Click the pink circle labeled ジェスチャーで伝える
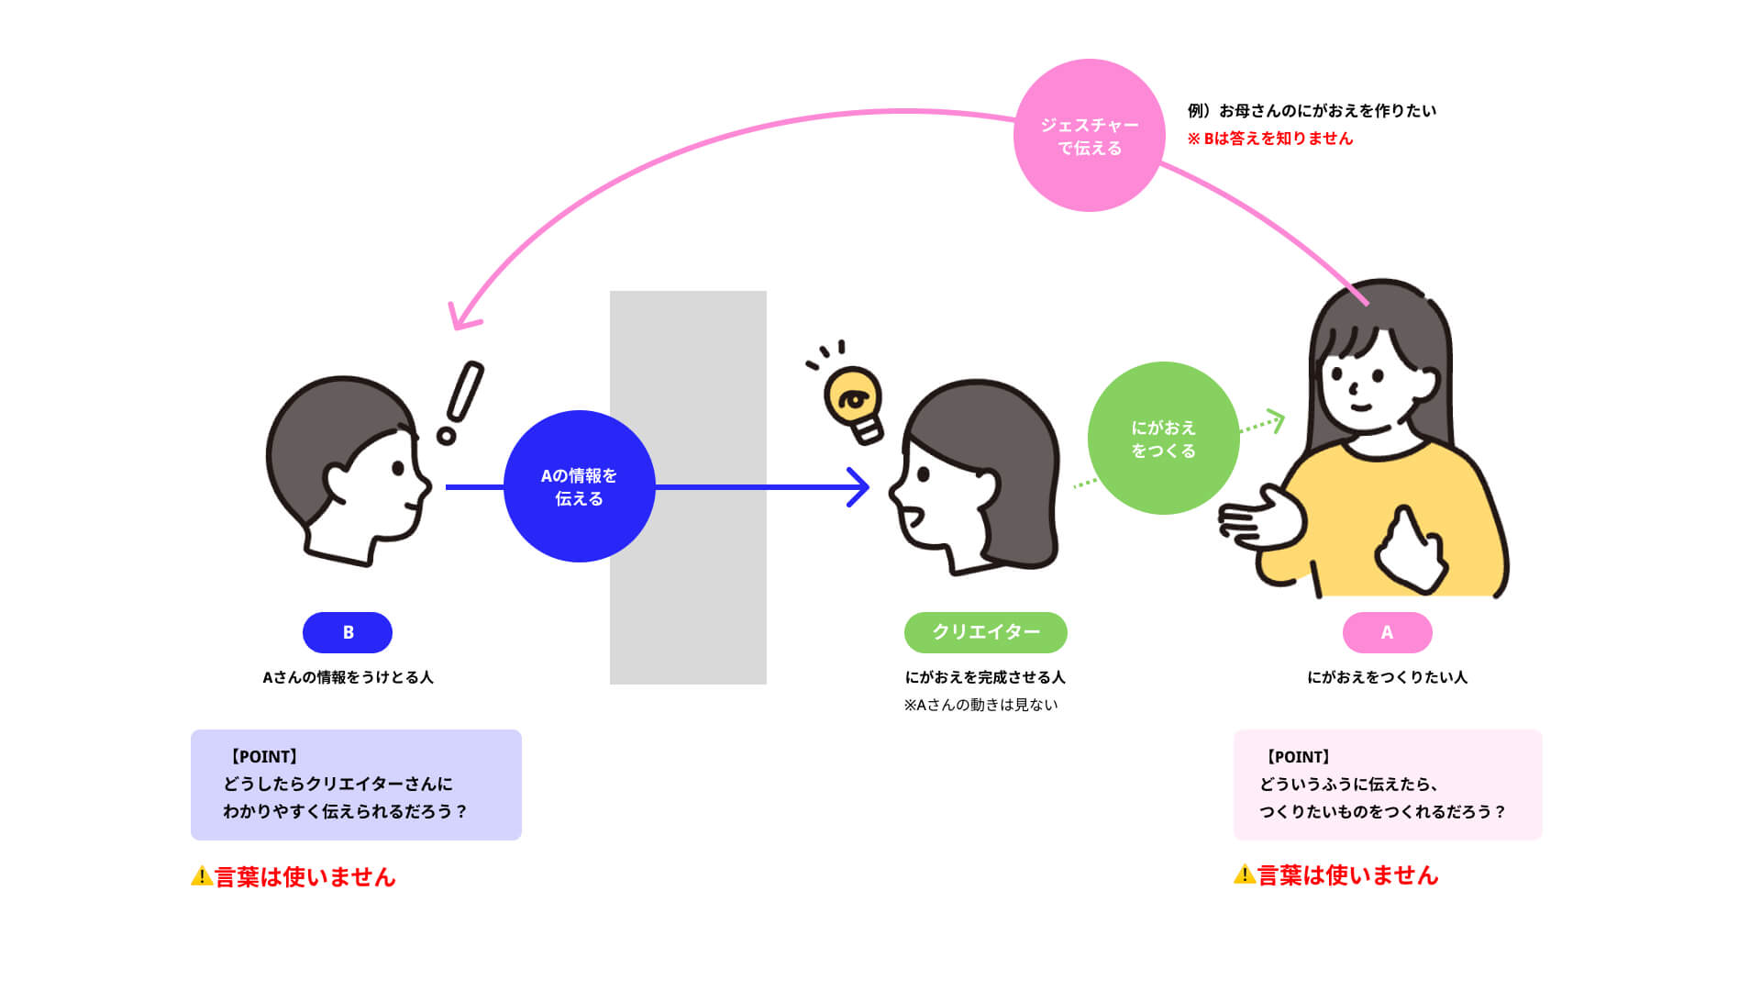pos(1089,136)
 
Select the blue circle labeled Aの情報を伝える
pos(579,486)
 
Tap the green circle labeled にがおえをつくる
pos(1163,439)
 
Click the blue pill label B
pos(348,632)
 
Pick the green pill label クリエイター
pos(985,632)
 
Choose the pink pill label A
pos(1387,632)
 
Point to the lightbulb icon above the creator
pos(853,402)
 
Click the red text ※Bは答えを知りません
pos(1269,139)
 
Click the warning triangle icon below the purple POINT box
pos(202,876)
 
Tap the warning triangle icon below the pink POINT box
pos(1245,874)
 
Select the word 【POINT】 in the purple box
pos(263,757)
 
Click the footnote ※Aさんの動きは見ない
pos(980,705)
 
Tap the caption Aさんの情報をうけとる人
pos(348,677)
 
